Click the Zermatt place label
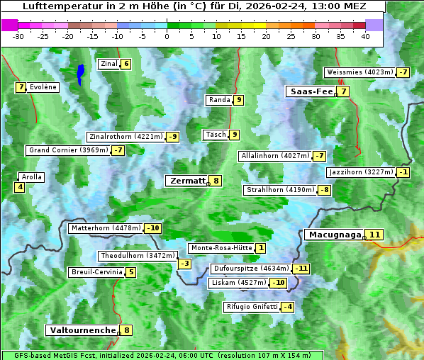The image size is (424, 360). click(186, 181)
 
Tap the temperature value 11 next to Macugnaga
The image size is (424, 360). click(374, 235)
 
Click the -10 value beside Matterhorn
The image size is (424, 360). click(152, 228)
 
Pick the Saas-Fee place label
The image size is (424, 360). click(311, 91)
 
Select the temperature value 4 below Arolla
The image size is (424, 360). click(19, 187)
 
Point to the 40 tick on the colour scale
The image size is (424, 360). click(365, 35)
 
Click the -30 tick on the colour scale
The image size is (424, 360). click(18, 35)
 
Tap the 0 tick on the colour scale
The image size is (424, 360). click(167, 35)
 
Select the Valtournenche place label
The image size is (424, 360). click(82, 330)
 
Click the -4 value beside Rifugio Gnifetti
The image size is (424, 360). click(287, 307)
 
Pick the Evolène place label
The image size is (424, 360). click(43, 87)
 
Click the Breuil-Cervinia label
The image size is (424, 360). click(96, 272)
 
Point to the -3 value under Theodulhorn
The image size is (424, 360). click(184, 264)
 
